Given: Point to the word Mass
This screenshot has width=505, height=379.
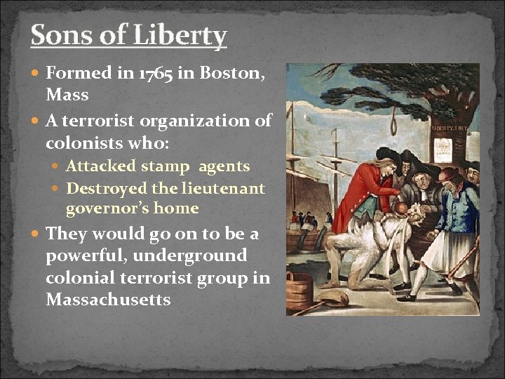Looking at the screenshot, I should click(x=68, y=93).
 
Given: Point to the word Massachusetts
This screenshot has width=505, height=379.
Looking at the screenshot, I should click(x=108, y=299).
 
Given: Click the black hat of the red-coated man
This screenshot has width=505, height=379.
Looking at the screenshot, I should click(x=385, y=155).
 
